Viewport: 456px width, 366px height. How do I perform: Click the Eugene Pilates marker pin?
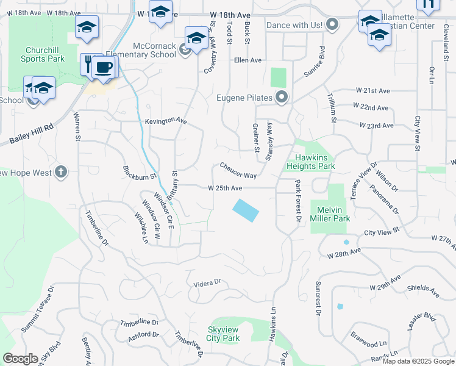282,97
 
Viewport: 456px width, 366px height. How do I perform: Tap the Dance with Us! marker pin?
332,25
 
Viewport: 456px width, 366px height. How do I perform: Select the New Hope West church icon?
60,173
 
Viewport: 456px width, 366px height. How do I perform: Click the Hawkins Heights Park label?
311,162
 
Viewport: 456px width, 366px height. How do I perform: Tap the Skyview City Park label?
223,334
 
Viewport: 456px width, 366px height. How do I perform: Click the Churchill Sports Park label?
42,54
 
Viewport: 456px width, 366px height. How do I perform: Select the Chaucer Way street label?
238,170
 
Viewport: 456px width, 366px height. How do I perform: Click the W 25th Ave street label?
225,188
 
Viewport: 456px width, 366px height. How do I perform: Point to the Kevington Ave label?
165,121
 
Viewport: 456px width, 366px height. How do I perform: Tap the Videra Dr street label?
206,283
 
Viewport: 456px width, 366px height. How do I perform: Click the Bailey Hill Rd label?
32,135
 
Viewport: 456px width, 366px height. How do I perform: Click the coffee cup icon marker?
104,66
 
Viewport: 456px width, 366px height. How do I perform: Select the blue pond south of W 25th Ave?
246,210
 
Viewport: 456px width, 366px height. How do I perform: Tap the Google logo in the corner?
20,359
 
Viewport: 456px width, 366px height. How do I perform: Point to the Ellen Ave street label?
248,60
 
